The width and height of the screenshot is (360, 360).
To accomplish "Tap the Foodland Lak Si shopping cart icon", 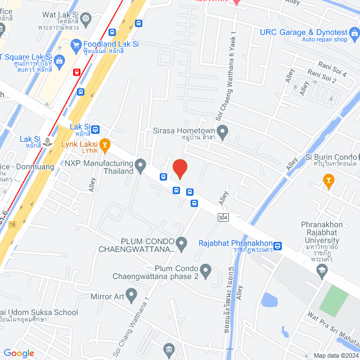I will coord(76,44).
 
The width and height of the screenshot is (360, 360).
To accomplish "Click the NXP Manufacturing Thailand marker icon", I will coord(141,165).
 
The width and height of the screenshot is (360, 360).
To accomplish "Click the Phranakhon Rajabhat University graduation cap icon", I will coord(321,271).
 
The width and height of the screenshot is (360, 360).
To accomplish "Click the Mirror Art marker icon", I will coord(131,293).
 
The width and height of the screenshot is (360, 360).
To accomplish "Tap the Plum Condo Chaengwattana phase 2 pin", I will coord(205,272).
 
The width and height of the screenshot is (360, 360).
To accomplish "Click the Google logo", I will coord(19,353).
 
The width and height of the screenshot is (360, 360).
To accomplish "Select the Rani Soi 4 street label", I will coord(332,65).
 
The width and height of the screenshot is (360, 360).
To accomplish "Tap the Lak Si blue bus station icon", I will coord(95,129).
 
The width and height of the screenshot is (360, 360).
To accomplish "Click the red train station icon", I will coord(76,71).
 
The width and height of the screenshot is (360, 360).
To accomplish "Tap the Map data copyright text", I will coord(336,355).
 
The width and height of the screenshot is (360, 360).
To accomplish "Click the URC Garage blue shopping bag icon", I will coord(354,35).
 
